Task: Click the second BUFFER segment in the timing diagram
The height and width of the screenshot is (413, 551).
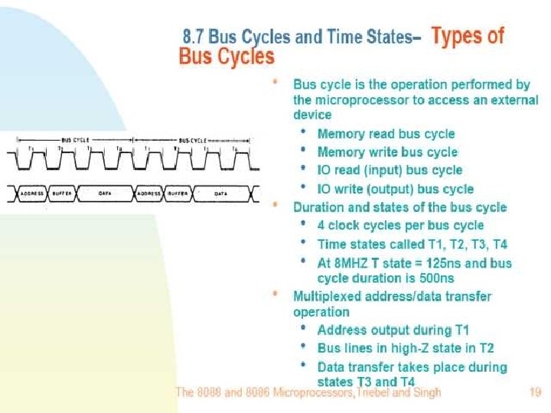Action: point(179,194)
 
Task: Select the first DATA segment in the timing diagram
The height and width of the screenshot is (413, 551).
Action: point(106,194)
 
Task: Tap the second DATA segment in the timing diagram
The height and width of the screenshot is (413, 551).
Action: point(221,194)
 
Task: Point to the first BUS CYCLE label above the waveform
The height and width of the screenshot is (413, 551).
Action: point(76,140)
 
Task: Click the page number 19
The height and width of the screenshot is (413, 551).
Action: point(535,393)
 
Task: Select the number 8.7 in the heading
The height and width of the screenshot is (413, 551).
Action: point(195,37)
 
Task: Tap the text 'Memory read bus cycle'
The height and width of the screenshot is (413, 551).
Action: point(386,134)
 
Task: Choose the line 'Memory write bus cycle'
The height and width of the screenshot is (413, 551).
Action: point(387,152)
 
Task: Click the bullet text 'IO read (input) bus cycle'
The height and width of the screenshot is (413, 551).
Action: point(390,171)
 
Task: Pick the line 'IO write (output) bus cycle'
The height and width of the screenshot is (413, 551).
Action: point(395,189)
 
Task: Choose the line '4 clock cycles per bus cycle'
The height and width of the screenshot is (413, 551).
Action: point(400,226)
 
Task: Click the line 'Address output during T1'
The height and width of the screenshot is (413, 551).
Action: point(393,330)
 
